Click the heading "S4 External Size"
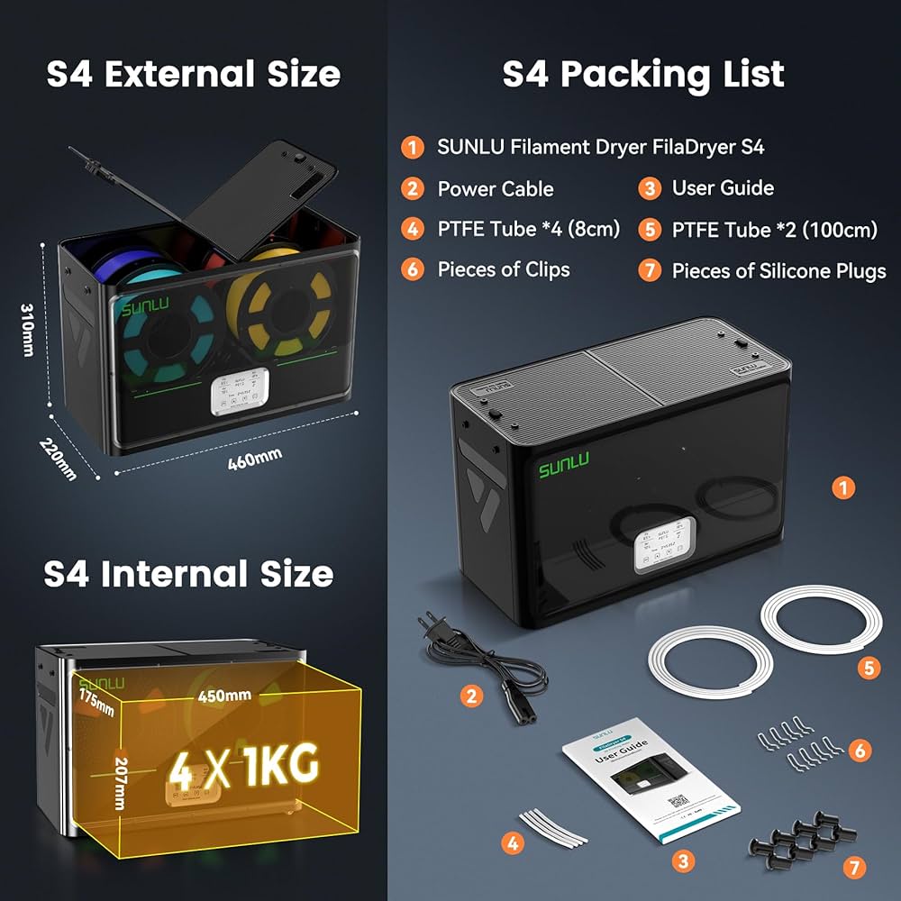pos(194,74)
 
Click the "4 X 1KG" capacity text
pos(246,766)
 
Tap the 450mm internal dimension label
pos(219,696)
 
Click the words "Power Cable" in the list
pos(495,188)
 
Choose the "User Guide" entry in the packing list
pos(723,187)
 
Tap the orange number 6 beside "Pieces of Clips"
pos(413,270)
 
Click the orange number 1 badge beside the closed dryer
pos(842,487)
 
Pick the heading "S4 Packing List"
pos(643,74)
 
